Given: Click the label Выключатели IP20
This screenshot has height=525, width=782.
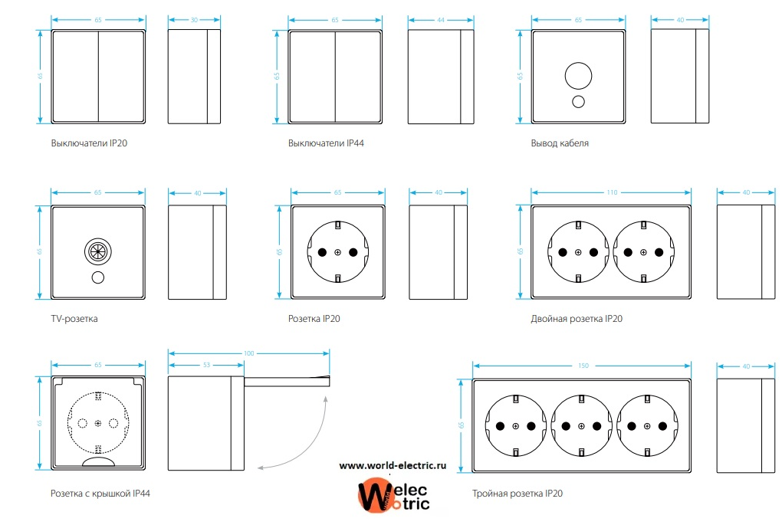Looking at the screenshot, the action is tap(89, 143).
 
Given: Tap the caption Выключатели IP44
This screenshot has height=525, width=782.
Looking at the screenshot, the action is tap(326, 143).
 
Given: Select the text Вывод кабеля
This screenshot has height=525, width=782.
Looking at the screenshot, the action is tap(560, 143).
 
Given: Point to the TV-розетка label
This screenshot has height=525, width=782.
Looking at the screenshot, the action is tap(74, 319).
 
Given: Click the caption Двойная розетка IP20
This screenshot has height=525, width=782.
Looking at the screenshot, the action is tap(577, 319).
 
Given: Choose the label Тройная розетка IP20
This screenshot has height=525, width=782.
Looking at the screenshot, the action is tap(517, 494).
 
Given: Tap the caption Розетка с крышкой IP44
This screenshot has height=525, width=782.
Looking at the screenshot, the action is tap(100, 494).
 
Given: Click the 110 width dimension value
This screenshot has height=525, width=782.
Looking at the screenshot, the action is tap(612, 192).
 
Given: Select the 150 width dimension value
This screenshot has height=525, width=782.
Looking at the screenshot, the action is tap(583, 366).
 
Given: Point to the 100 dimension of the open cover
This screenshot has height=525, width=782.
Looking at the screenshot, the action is tap(249, 353).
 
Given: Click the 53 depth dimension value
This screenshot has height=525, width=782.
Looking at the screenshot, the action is tap(206, 365).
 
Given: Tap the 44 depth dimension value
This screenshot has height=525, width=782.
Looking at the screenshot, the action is tap(440, 20).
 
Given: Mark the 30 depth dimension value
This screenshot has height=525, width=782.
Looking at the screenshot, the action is tap(194, 20).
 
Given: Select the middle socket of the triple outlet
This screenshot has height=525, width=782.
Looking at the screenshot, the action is tap(581, 426).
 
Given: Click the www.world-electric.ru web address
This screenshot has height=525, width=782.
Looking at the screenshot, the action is tap(393, 466).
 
